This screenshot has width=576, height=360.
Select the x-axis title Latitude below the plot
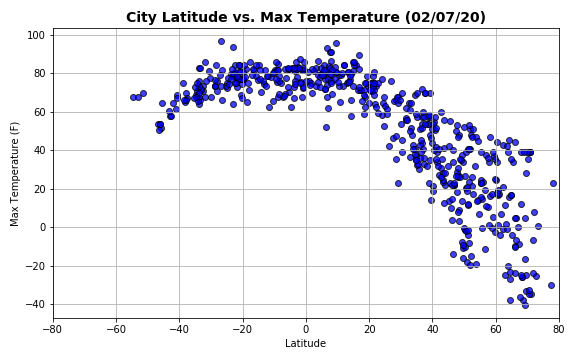pyautogui.click(x=305, y=343)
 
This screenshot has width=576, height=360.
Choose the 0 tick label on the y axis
pyautogui.click(x=43, y=227)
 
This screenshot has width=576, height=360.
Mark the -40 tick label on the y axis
pyautogui.click(x=37, y=304)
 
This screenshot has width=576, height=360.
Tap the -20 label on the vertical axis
pyautogui.click(x=37, y=266)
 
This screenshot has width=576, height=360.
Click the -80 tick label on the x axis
pyautogui.click(x=53, y=327)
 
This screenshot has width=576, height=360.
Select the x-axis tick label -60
pyautogui.click(x=116, y=327)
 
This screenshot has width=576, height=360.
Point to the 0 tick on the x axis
pyautogui.click(x=306, y=327)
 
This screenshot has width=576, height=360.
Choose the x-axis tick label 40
pyautogui.click(x=432, y=327)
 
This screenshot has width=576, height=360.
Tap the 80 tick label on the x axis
pyautogui.click(x=558, y=327)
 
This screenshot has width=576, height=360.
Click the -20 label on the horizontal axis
pyautogui.click(x=242, y=327)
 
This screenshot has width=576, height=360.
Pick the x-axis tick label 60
pyautogui.click(x=495, y=327)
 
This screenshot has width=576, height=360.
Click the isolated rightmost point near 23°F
pyautogui.click(x=553, y=183)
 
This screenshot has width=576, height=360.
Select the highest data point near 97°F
pyautogui.click(x=221, y=41)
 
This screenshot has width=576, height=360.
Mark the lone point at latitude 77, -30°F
pyautogui.click(x=551, y=285)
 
